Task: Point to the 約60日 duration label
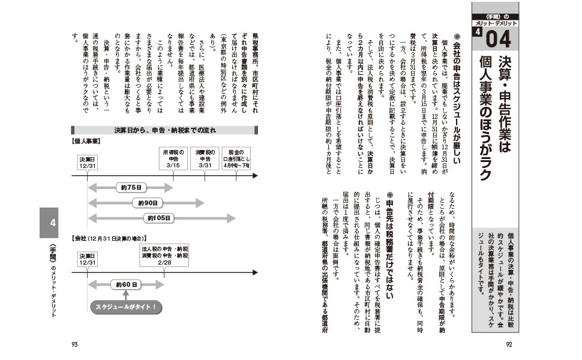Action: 127,284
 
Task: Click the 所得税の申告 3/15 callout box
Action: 174,158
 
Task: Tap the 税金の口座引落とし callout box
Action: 238,158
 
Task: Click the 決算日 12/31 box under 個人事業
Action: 88,162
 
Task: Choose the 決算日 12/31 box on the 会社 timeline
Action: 88,259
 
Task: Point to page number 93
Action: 74,344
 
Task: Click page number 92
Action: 508,344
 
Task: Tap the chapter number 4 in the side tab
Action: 53,223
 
